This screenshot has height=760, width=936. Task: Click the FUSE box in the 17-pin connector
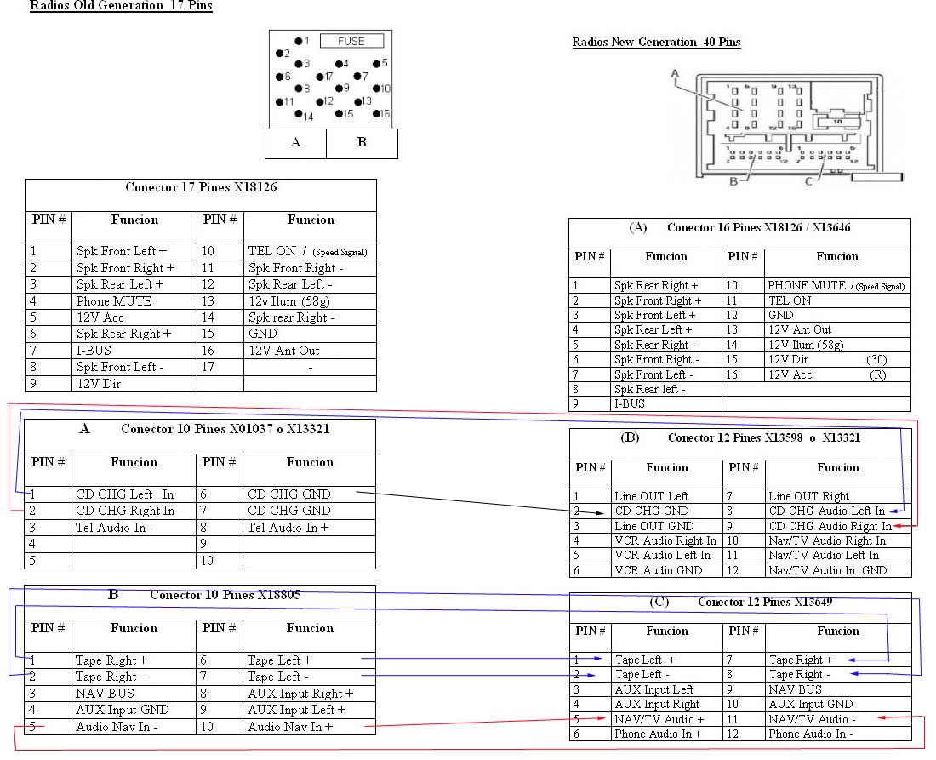(x=351, y=41)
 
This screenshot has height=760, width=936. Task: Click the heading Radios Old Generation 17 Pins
(x=121, y=7)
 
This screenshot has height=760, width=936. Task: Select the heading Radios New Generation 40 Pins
(x=656, y=42)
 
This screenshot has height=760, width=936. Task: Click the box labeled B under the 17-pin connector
(x=361, y=143)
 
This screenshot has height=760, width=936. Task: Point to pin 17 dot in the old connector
(x=320, y=77)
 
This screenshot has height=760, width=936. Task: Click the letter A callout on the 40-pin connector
(x=675, y=73)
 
